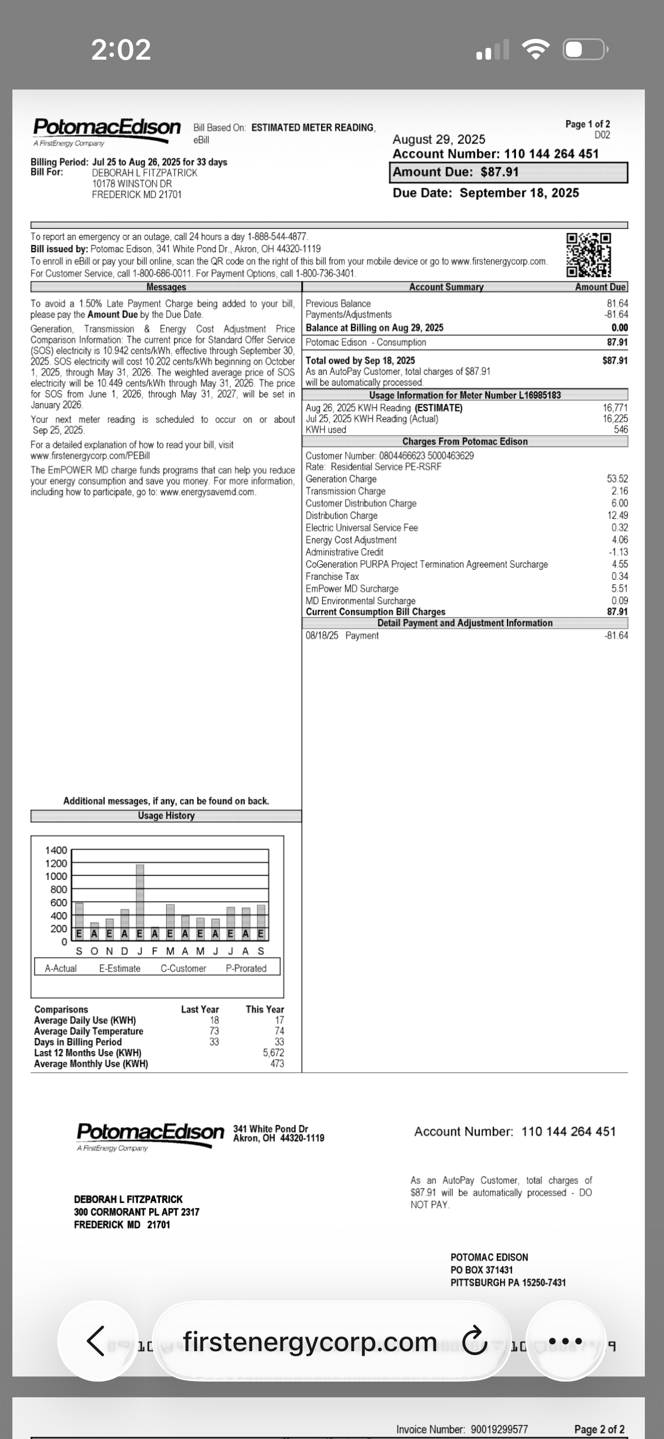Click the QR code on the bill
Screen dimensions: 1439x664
coord(589,255)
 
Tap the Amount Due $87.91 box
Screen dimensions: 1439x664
coord(508,172)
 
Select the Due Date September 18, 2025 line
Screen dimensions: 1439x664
coord(485,193)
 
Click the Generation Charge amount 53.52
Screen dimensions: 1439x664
coord(617,479)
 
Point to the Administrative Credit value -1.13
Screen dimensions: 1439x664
coord(618,552)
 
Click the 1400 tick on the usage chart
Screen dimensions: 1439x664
coord(56,850)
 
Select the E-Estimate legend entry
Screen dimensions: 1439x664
coord(119,968)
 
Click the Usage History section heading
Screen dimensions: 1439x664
coord(166,816)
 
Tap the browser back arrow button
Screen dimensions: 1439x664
coord(96,1342)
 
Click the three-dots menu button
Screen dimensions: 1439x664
coord(565,1342)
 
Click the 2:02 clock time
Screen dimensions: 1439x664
coord(121,50)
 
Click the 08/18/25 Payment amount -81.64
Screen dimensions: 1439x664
coord(616,636)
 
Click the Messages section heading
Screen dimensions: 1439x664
coord(166,287)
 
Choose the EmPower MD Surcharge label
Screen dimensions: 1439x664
coord(352,589)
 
